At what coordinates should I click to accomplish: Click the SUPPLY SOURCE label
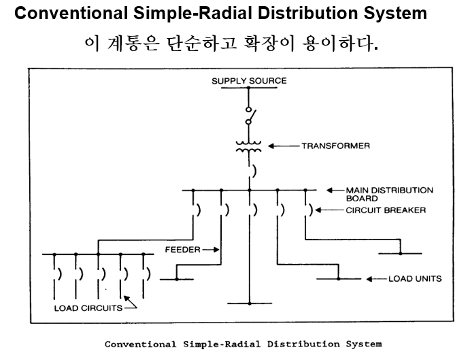tap(249, 81)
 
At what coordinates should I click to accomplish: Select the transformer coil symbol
tap(249, 146)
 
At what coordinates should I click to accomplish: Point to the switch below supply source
tap(250, 117)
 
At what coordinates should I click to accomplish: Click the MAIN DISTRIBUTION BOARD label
tap(389, 194)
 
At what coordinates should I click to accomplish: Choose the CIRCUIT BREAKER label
tap(385, 210)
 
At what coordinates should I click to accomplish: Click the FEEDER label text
tap(183, 250)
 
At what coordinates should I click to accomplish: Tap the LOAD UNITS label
tap(415, 278)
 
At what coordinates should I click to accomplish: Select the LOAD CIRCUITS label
tap(88, 308)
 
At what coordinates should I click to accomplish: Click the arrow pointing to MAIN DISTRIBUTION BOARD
tap(335, 190)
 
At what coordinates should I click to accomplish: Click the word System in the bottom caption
tap(360, 344)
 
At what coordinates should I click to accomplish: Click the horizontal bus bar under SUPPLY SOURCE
tap(249, 88)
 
